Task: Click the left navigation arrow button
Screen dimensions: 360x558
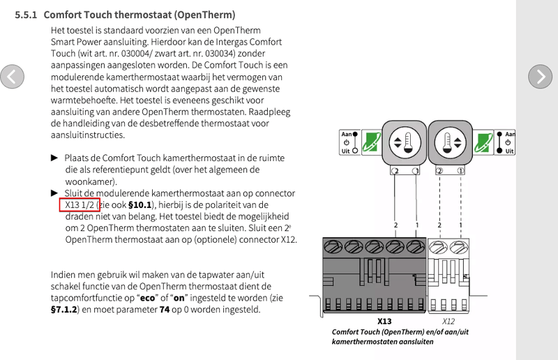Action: (x=13, y=76)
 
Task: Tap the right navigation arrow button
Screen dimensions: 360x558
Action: (x=540, y=76)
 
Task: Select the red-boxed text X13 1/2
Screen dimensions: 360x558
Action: (x=77, y=204)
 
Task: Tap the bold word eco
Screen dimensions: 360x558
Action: (x=147, y=297)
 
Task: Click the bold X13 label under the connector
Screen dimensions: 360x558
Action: (x=384, y=322)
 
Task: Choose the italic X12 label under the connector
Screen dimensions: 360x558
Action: (x=448, y=322)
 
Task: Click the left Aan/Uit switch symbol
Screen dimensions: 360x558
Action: (x=349, y=142)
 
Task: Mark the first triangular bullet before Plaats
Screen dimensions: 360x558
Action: (x=55, y=158)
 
